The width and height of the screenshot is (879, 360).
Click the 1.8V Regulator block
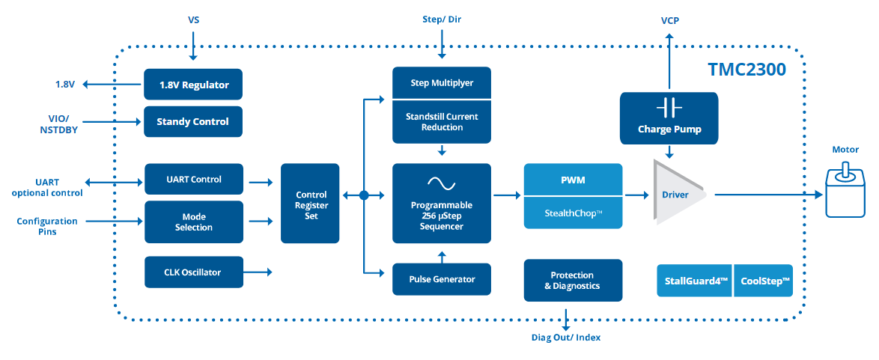point(193,85)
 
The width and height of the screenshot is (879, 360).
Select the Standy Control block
point(193,121)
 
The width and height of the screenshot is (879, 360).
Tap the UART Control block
point(193,180)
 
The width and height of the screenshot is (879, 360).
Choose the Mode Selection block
point(193,222)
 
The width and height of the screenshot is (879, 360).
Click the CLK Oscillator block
point(193,272)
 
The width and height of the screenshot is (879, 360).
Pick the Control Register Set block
point(311,203)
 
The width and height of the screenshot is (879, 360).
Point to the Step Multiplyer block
point(442,82)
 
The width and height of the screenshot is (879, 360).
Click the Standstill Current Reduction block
point(442,122)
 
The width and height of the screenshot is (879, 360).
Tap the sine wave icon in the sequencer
point(442,182)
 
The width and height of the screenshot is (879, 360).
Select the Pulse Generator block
point(442,279)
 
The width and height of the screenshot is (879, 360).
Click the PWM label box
point(573,180)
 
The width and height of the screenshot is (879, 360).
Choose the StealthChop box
point(573,213)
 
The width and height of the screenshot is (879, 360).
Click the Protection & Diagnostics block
point(573,280)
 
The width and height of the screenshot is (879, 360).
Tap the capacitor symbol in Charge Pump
point(669,108)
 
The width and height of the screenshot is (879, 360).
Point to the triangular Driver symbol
point(678,195)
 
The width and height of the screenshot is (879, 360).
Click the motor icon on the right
point(845,192)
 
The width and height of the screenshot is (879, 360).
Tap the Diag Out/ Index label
point(565,338)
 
